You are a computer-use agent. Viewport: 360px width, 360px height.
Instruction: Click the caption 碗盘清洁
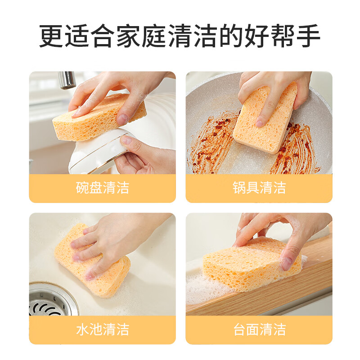click(102, 188)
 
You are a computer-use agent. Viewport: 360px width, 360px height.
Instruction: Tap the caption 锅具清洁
click(259, 188)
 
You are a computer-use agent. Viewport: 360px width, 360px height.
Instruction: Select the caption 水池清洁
click(102, 329)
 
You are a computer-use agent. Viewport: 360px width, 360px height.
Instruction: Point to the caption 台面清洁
click(259, 329)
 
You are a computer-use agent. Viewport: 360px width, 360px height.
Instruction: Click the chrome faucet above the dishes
click(67, 80)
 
